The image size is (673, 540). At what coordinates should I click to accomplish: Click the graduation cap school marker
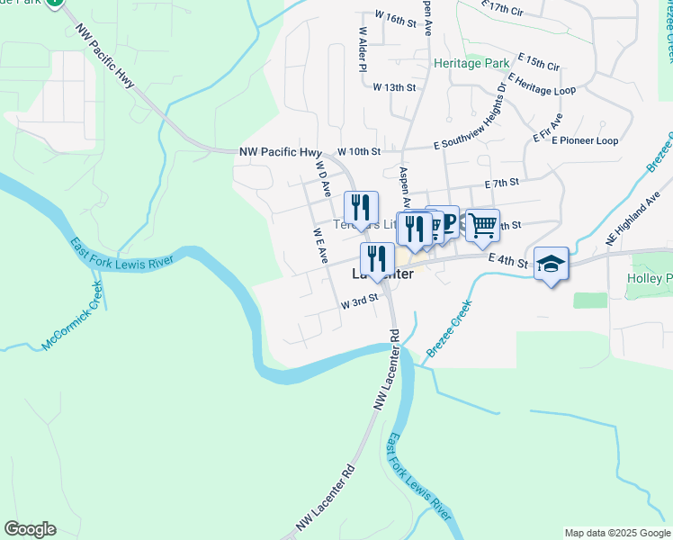(552, 264)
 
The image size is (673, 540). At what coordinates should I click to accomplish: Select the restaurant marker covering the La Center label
(377, 259)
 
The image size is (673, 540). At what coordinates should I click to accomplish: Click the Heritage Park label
(471, 63)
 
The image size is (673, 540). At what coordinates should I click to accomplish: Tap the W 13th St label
(395, 87)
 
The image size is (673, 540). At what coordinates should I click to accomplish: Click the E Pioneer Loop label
(586, 141)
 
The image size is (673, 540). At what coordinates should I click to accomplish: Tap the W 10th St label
(360, 152)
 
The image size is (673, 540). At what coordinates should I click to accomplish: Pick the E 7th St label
(502, 183)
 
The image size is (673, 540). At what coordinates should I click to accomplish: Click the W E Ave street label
(320, 245)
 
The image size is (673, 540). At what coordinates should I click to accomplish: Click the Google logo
(30, 529)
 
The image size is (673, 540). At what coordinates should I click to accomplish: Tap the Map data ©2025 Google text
(616, 533)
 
